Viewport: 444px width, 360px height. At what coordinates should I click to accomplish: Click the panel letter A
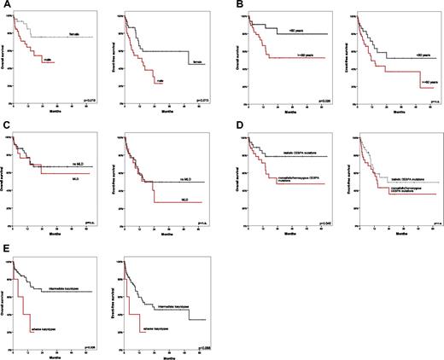pyautogui.click(x=4, y=5)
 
